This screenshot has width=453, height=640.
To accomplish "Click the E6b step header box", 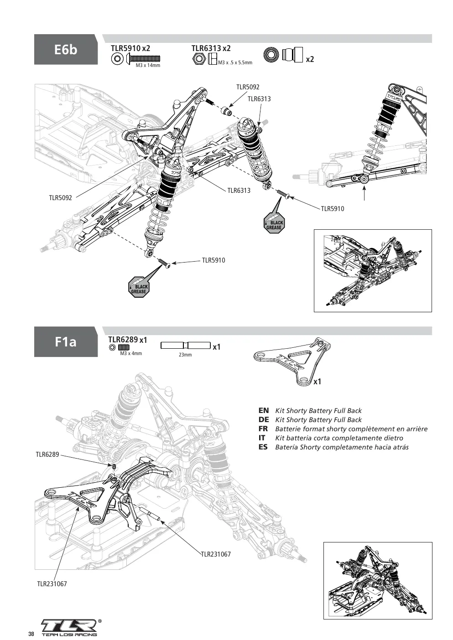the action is click(66, 49).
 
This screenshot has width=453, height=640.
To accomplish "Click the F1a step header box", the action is click(66, 342).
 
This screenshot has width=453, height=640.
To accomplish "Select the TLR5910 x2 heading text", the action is click(130, 48).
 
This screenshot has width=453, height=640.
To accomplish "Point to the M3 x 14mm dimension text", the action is click(148, 66).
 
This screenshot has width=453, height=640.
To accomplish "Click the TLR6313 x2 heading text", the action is click(211, 48).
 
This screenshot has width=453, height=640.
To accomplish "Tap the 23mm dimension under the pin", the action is click(185, 355).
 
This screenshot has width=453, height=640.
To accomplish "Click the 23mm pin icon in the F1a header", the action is click(186, 346).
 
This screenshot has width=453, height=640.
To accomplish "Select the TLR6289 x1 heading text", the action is click(128, 340).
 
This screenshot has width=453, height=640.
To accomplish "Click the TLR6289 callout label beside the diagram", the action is click(47, 454).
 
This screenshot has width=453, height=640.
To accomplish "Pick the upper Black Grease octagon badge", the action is click(274, 223).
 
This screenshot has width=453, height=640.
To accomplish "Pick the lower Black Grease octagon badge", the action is click(139, 287).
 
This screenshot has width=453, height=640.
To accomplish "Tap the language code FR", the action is click(263, 429).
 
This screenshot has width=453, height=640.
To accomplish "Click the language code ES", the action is click(263, 447).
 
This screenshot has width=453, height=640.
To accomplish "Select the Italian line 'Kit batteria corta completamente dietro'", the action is click(339, 438).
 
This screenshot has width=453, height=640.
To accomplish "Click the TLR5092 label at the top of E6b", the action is click(248, 87).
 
